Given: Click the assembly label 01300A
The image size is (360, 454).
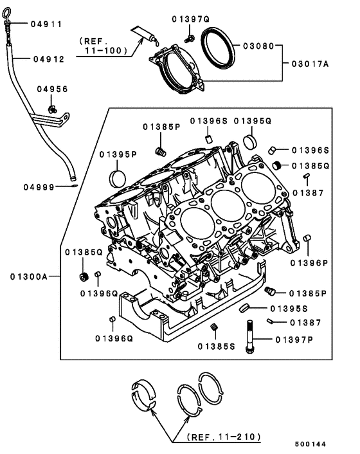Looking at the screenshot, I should click(28, 277).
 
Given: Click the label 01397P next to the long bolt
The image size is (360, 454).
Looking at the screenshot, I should click(294, 339).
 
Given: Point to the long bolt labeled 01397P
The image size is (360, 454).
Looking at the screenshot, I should click(248, 339).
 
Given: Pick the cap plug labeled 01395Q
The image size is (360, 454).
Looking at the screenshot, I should click(252, 140).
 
